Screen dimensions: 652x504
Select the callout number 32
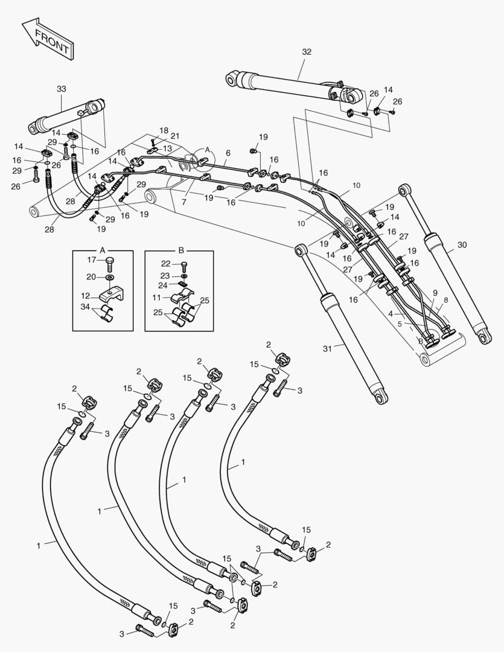(x=306, y=52)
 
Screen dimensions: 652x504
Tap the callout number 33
(x=62, y=89)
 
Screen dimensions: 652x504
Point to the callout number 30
(x=462, y=245)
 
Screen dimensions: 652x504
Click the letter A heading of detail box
(x=103, y=250)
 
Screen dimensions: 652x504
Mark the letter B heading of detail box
(x=180, y=250)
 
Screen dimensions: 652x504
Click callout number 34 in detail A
(x=86, y=308)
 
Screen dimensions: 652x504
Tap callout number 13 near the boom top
(x=167, y=149)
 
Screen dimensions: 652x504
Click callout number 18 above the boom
(x=164, y=130)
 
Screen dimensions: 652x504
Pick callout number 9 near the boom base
(x=435, y=292)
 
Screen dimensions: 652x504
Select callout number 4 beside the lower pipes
(x=391, y=313)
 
